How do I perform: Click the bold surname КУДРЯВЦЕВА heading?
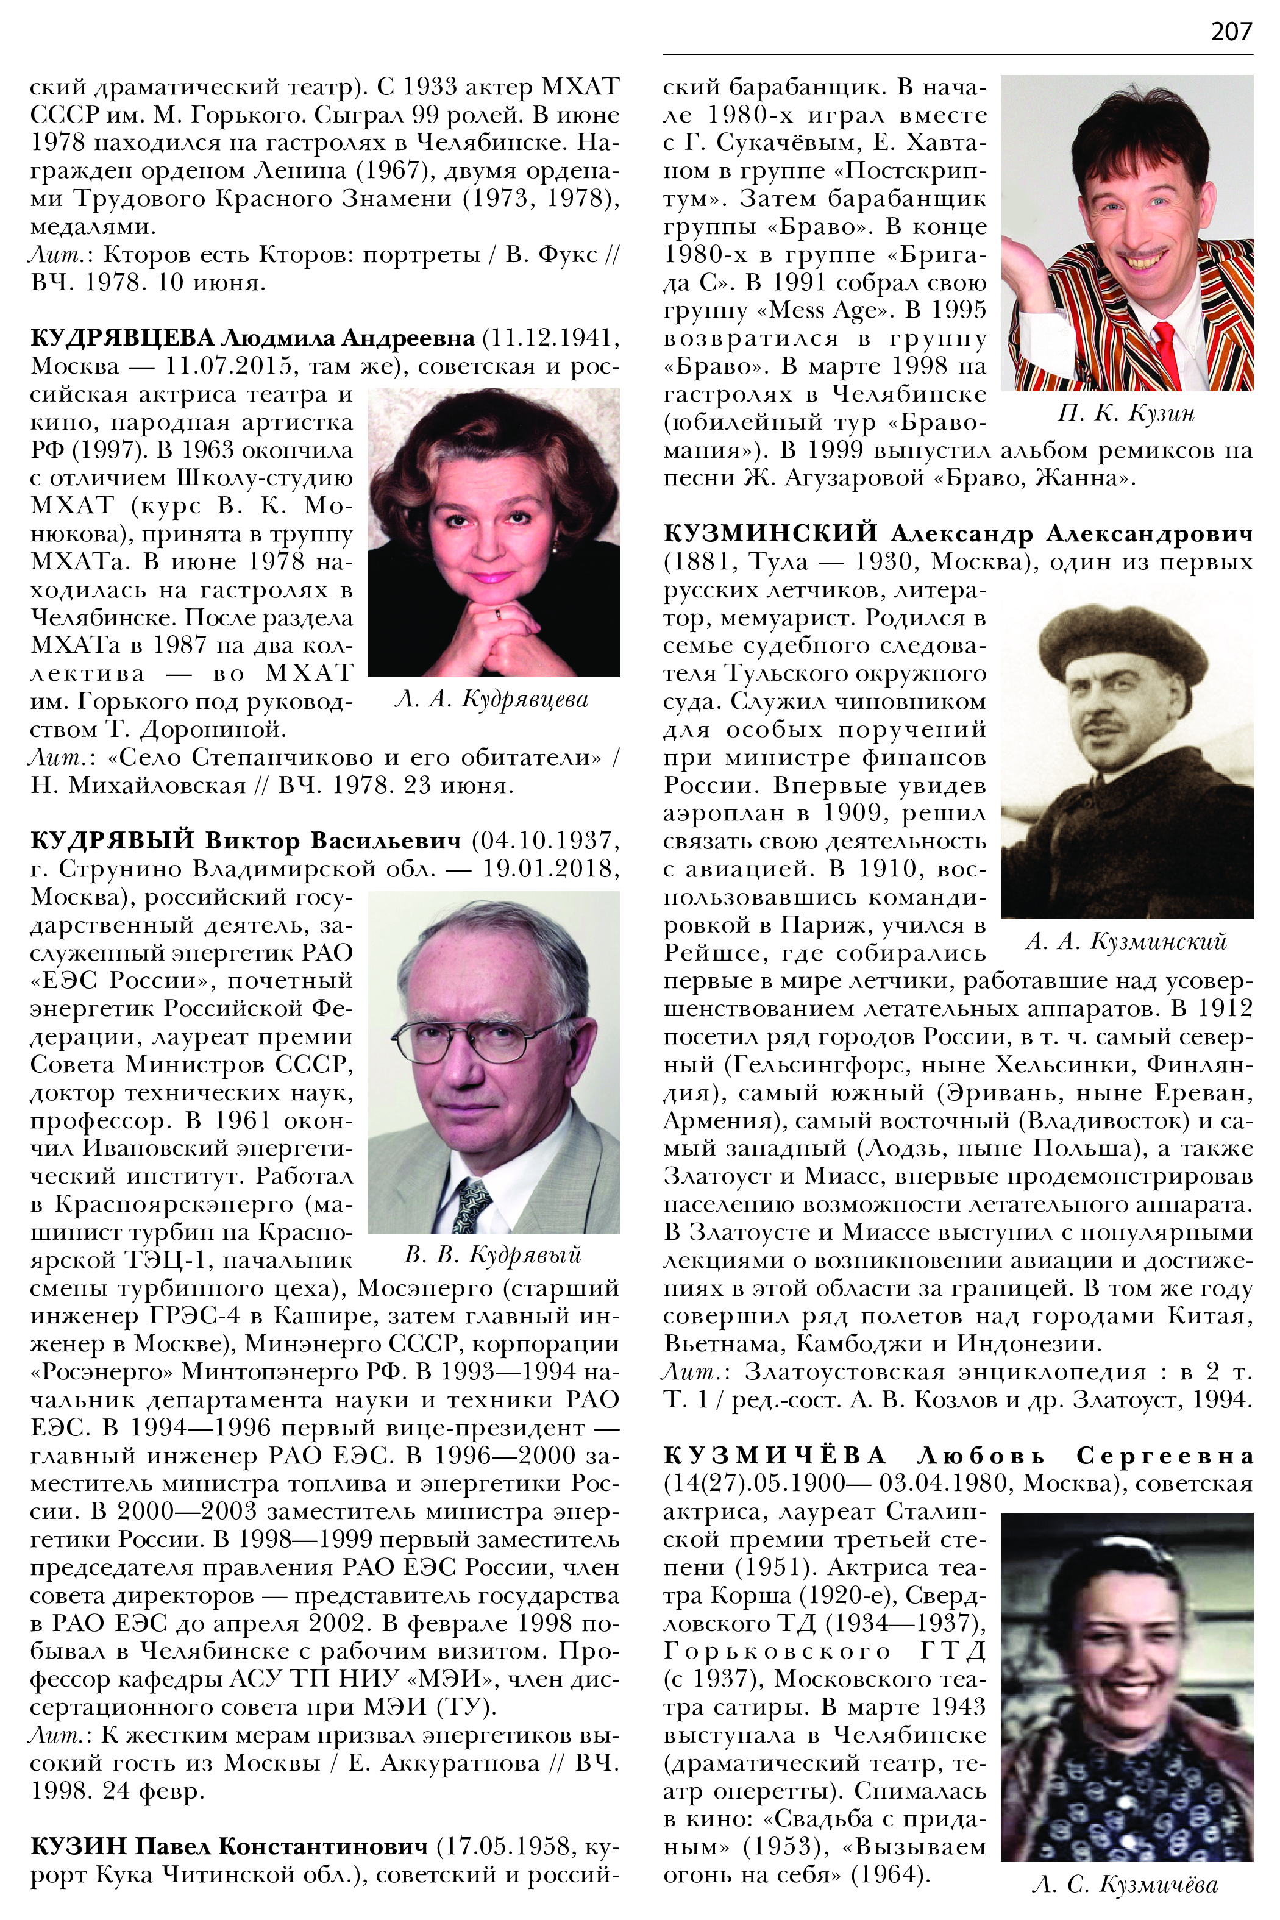coord(122,337)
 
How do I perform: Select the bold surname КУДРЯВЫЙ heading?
coord(113,840)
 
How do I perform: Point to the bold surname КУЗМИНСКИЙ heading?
coord(770,534)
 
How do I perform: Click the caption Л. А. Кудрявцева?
coord(491,700)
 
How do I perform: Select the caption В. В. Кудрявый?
coord(493,1254)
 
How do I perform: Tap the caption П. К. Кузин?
coord(1126,413)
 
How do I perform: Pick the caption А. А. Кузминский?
coord(1126,942)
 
